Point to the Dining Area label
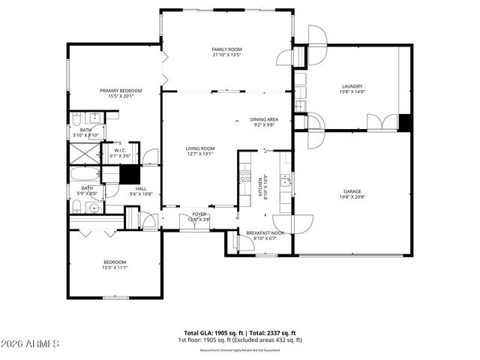(264, 119)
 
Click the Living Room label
(200, 148)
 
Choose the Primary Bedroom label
(121, 91)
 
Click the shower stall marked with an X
(82, 154)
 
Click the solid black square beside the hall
(130, 174)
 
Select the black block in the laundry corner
(405, 123)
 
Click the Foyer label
(199, 214)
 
